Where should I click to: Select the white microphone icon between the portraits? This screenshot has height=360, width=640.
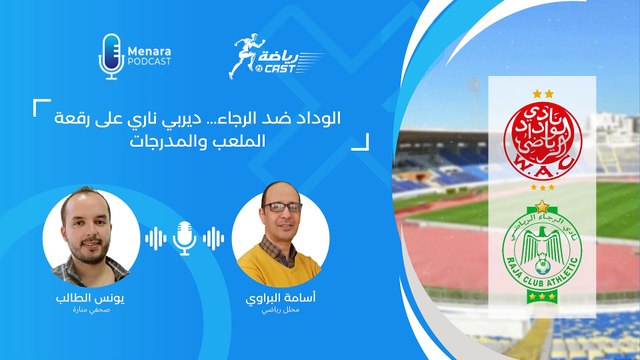[x=184, y=238]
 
